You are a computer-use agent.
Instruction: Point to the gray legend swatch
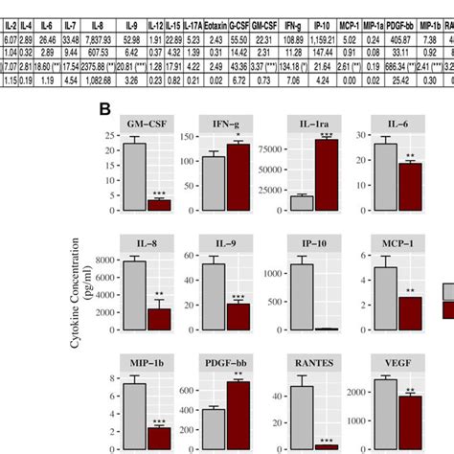point(447,293)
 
